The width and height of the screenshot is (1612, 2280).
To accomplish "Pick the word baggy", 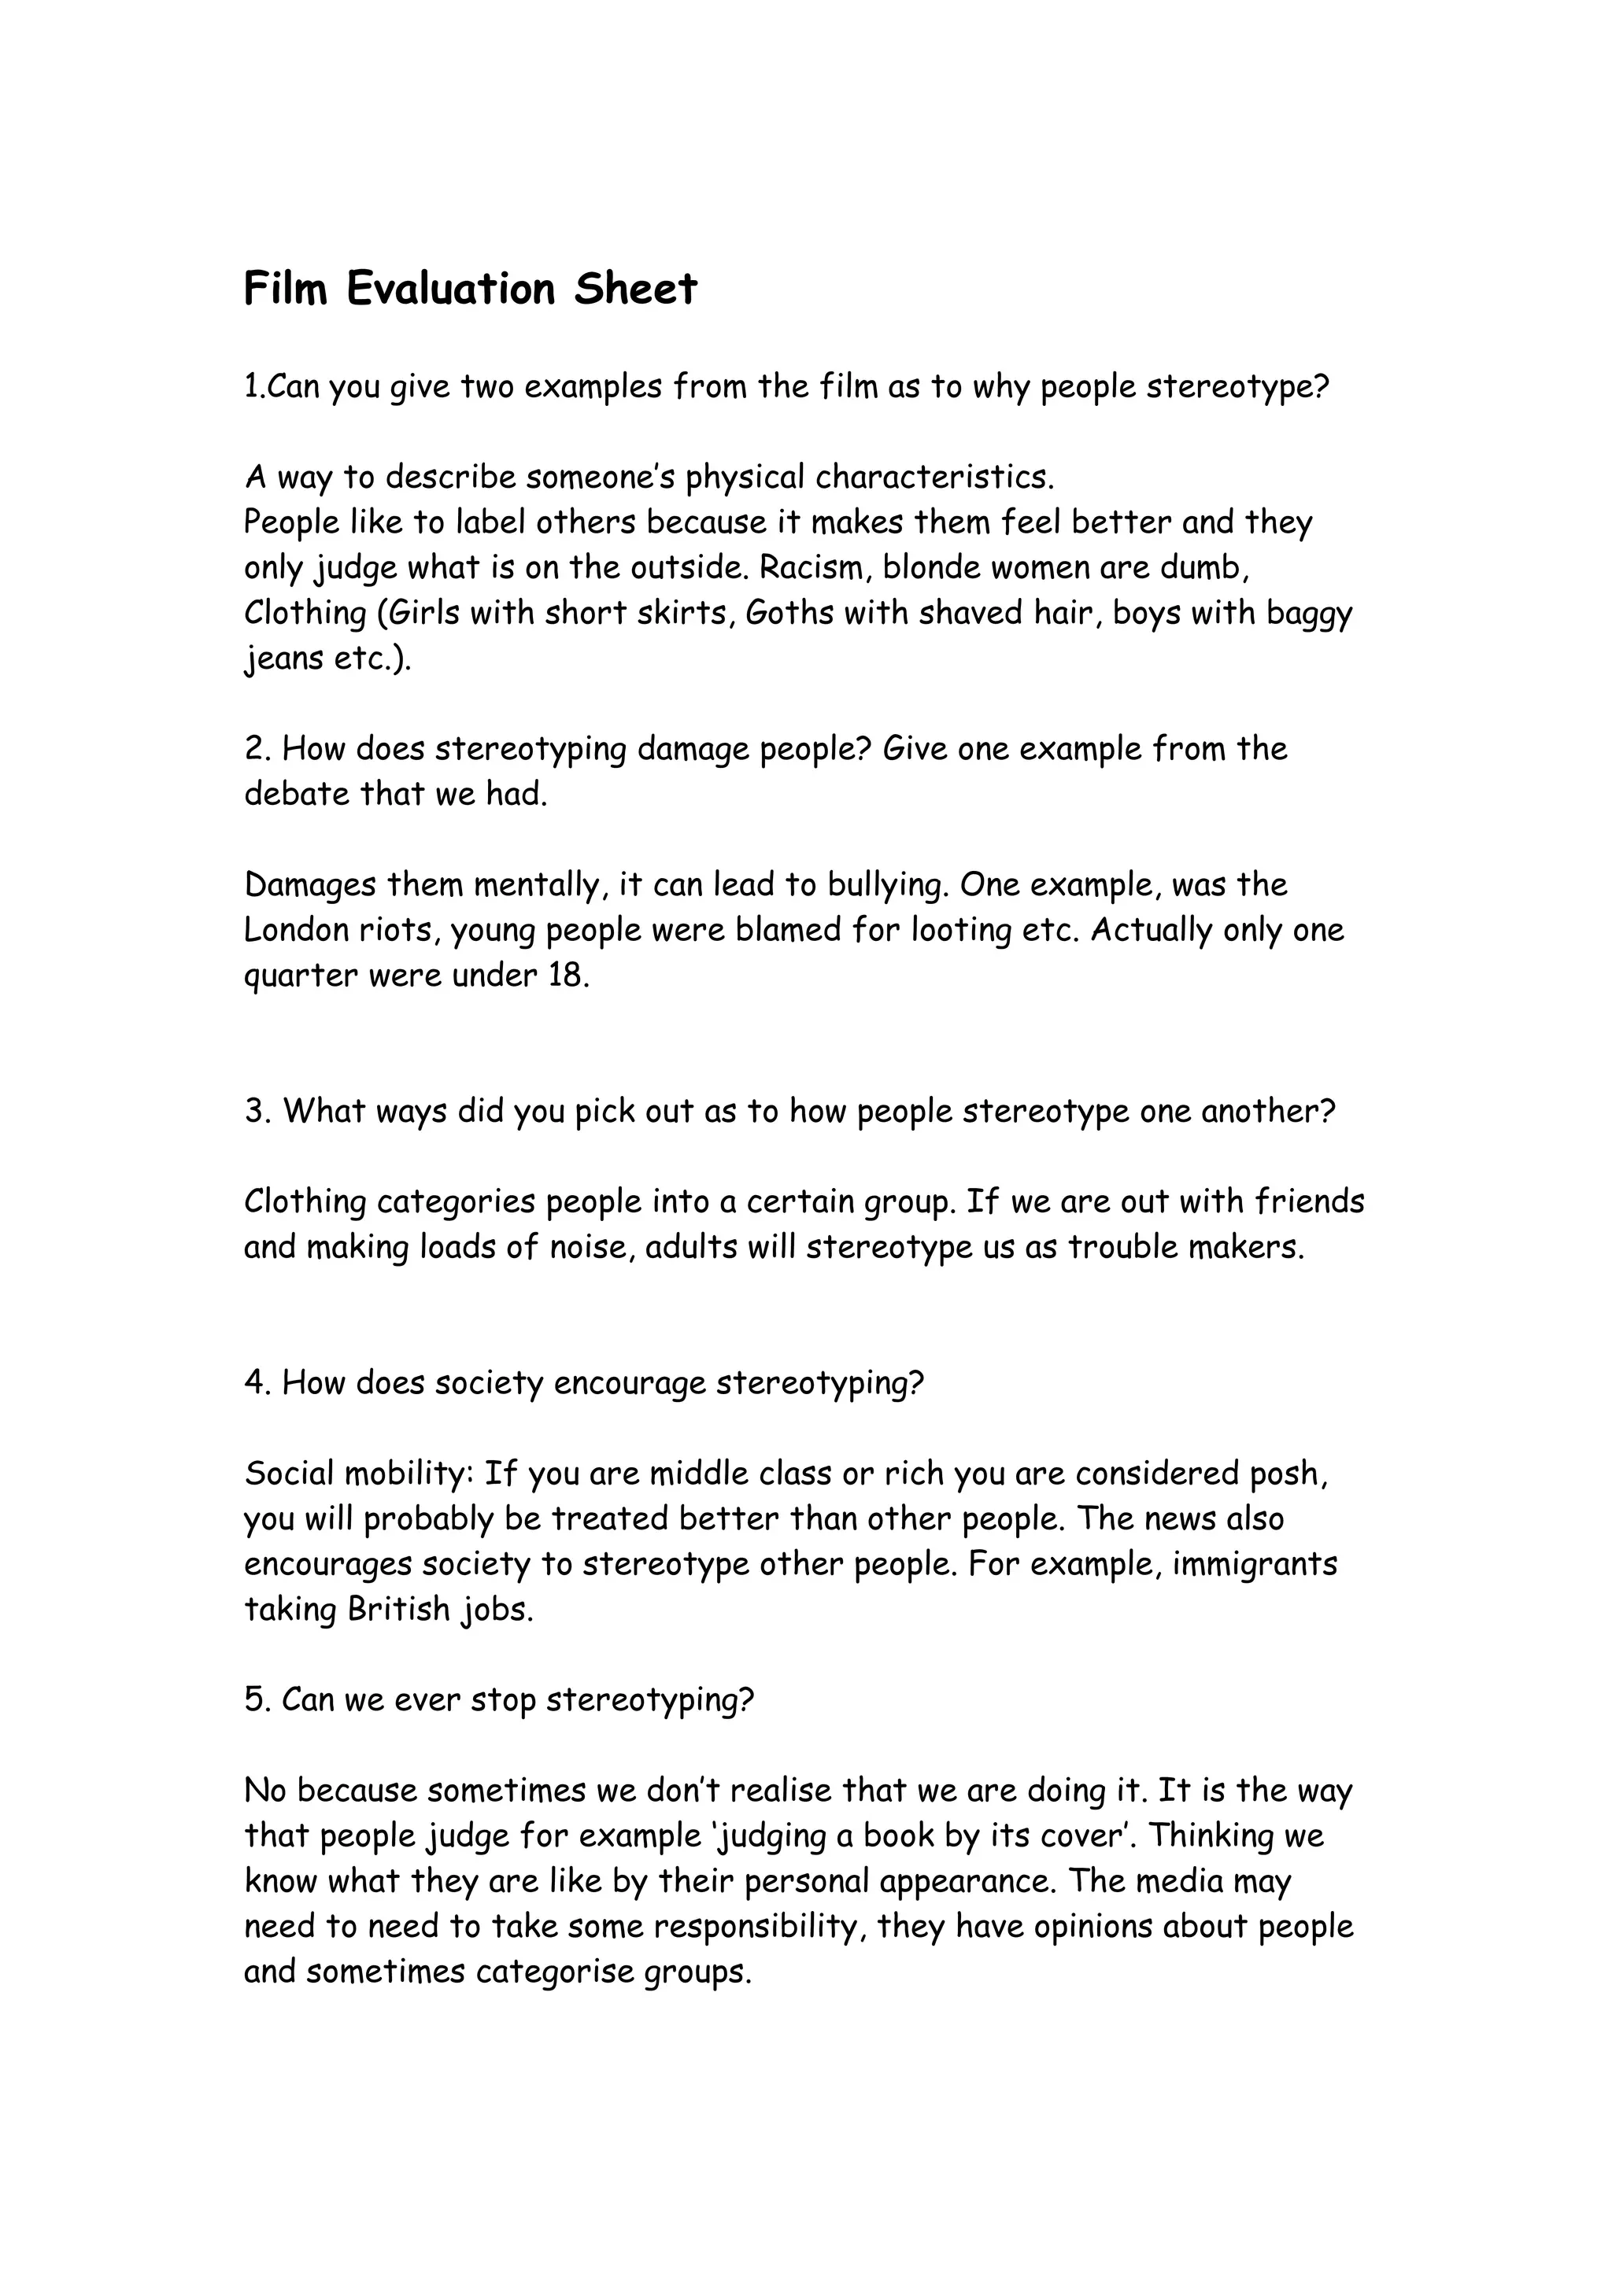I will [1309, 614].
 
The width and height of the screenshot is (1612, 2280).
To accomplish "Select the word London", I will [295, 931].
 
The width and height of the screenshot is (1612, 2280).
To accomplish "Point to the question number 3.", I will [254, 1111].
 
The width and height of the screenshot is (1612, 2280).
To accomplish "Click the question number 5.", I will [254, 1700].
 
